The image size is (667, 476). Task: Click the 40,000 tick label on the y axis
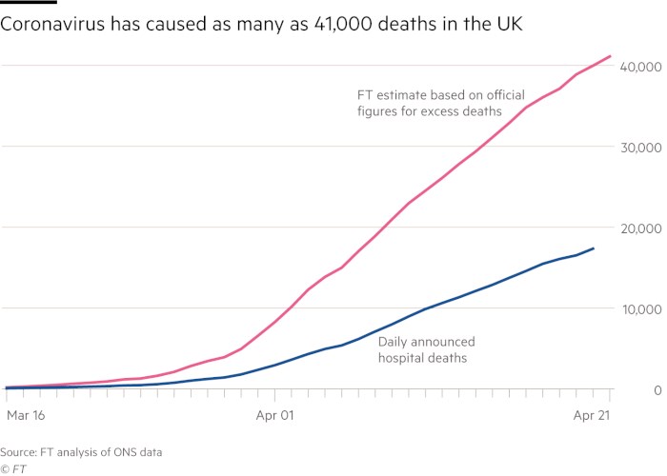[x=639, y=67]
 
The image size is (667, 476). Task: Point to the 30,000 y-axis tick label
[x=639, y=148]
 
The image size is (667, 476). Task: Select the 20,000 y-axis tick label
[x=639, y=228]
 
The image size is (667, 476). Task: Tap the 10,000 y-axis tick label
[x=639, y=309]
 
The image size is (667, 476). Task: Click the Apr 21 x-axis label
[x=592, y=415]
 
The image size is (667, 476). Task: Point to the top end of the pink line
[x=610, y=56]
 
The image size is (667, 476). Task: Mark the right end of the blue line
[x=594, y=248]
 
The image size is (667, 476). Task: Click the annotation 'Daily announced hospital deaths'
[x=426, y=348]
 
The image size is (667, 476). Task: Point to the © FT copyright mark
[x=12, y=468]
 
